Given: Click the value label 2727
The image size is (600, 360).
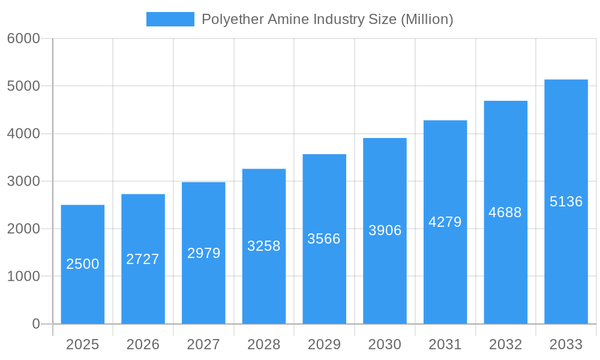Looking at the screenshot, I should (143, 259).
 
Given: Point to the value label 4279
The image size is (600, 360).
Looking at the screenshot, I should (445, 222).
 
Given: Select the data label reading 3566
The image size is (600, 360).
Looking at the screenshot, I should (324, 239).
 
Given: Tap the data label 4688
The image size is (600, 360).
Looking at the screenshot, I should (505, 212).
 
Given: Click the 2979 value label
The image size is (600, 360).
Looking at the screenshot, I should (204, 253).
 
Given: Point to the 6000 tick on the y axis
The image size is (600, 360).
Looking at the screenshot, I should (23, 38).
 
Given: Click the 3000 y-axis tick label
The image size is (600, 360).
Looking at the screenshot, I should (23, 181).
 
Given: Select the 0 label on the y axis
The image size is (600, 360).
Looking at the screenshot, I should (36, 324).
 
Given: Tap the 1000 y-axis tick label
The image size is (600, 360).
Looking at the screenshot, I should (23, 277).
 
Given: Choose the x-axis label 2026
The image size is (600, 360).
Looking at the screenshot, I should (143, 344).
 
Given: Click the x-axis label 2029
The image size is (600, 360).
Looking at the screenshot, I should (324, 344).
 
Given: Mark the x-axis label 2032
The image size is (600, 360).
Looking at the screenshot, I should (505, 344).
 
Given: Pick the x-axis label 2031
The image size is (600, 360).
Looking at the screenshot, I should (445, 344).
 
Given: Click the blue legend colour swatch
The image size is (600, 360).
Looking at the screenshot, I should (170, 19).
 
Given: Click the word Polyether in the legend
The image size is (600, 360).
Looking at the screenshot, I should (227, 19).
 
